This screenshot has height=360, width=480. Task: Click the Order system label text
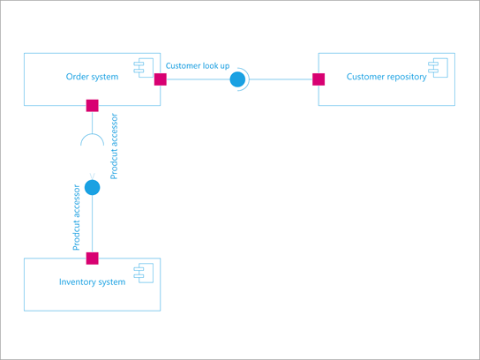(92, 77)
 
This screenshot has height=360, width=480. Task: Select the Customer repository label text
(386, 77)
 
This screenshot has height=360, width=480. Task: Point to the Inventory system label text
(92, 281)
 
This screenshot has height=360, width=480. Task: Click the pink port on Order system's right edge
(161, 79)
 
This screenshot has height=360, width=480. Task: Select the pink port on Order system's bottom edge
(92, 106)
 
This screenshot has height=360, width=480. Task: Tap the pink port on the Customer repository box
(319, 79)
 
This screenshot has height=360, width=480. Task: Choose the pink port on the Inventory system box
(92, 259)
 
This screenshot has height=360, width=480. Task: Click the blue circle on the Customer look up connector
(237, 79)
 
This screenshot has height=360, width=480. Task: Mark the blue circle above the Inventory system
(92, 187)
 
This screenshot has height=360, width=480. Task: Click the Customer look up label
(197, 66)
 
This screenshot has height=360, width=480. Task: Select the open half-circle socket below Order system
(92, 139)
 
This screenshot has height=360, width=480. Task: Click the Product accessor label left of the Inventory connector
(77, 216)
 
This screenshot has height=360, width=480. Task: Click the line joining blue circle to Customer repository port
(282, 79)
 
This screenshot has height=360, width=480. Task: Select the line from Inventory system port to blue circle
(92, 225)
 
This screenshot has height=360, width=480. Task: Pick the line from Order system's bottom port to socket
(92, 122)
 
